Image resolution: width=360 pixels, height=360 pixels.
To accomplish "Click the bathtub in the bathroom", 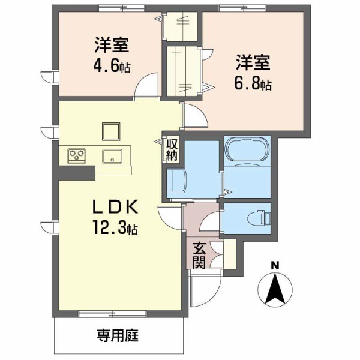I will pos(247,150).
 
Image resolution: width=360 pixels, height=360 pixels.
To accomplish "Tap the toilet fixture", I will pos(261,217).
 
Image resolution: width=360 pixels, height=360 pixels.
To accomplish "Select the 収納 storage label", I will pos(172,150).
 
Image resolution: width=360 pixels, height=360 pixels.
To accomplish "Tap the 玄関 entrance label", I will pos(200,255).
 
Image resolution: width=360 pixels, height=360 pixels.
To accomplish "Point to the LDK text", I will pos(116,208).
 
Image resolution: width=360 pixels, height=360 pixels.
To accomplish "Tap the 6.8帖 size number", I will pos(253,83).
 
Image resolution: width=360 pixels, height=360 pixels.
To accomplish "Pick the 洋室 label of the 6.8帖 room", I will pos(253,62).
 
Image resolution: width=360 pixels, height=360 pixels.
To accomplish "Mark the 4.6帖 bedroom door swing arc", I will pos(145,89).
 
